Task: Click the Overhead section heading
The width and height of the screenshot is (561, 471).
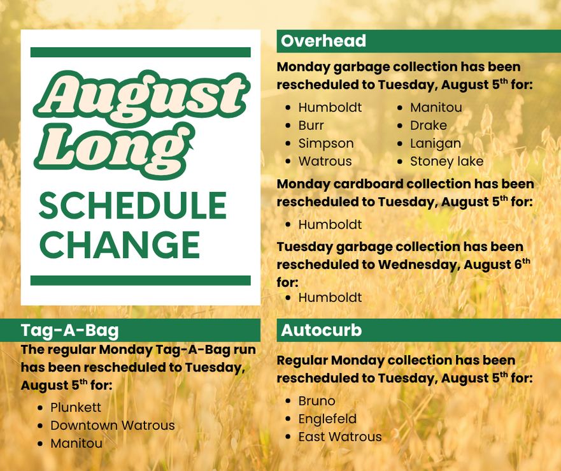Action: [x=323, y=41]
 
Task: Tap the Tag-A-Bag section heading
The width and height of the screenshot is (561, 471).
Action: [x=70, y=330]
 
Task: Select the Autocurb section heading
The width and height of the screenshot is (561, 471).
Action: [x=322, y=330]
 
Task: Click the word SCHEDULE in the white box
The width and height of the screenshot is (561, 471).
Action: [x=132, y=205]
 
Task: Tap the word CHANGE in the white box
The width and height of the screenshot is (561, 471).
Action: [x=120, y=244]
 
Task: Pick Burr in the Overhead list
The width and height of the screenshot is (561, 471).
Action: [x=311, y=126]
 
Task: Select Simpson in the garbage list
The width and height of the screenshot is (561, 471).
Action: [x=326, y=143]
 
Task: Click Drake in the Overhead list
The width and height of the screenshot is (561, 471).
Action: [x=429, y=126]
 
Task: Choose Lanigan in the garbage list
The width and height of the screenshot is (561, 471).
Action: [x=436, y=143]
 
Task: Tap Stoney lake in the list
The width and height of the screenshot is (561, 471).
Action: [x=446, y=161]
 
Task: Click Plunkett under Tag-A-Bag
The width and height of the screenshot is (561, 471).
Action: [x=76, y=407]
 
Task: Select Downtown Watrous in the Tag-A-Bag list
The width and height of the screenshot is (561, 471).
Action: [x=112, y=425]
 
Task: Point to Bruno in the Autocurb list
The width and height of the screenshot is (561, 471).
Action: [x=316, y=401]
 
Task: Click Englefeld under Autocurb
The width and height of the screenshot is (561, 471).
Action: [x=327, y=419]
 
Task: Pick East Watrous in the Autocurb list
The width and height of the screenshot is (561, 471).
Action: [x=340, y=437]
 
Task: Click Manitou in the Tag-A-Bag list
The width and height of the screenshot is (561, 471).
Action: [x=76, y=443]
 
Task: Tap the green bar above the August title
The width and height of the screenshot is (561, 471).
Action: [x=140, y=52]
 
